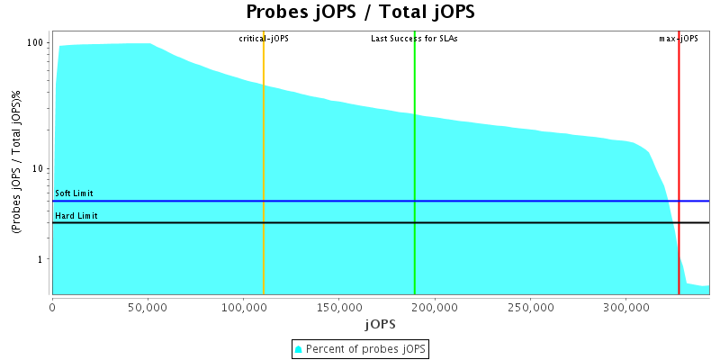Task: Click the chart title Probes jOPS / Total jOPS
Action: pyautogui.click(x=360, y=13)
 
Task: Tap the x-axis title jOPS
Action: pyautogui.click(x=379, y=323)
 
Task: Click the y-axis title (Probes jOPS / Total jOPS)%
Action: pyautogui.click(x=16, y=166)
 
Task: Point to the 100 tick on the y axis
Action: pyautogui.click(x=36, y=43)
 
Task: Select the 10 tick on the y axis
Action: pyautogui.click(x=40, y=169)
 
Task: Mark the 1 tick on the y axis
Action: pyautogui.click(x=42, y=260)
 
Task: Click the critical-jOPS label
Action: pyautogui.click(x=264, y=39)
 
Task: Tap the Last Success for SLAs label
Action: pyautogui.click(x=415, y=39)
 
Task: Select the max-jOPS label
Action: pyautogui.click(x=679, y=39)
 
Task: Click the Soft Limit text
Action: pyautogui.click(x=74, y=193)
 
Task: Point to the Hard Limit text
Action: pyautogui.click(x=76, y=216)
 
